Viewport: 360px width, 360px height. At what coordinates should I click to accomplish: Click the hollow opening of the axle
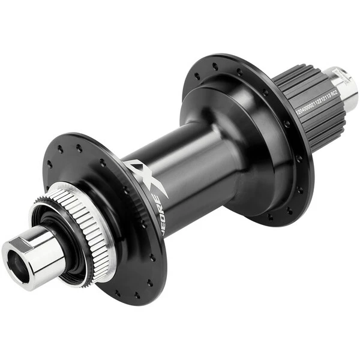point(14,259)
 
